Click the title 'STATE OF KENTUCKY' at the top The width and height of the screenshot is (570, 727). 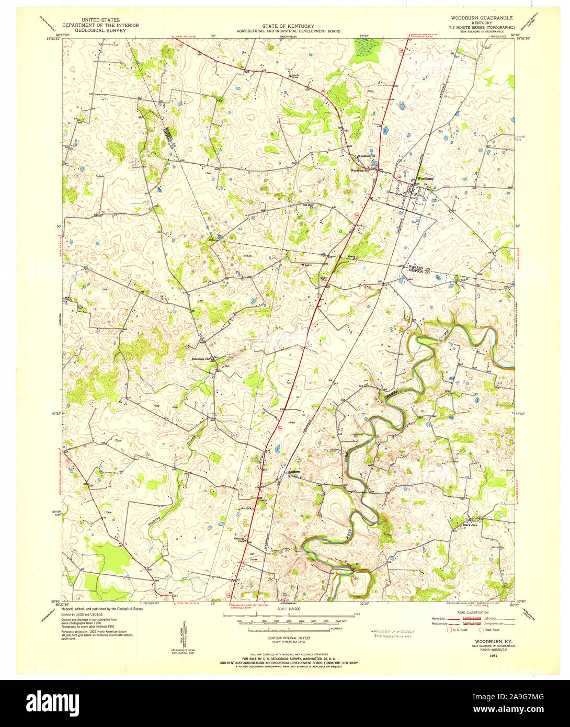288,26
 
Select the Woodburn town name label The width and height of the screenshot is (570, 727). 425,179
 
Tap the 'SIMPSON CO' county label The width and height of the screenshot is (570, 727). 419,271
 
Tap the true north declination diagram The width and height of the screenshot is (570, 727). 184,634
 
